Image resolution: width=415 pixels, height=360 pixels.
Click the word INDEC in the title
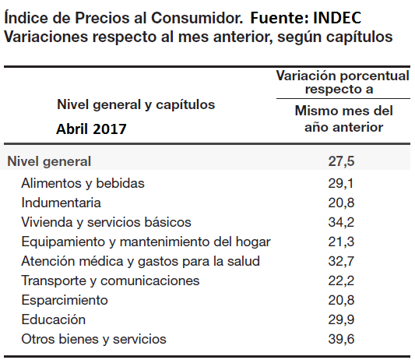[x=337, y=18]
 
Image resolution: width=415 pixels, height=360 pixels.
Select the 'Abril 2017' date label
[x=91, y=129]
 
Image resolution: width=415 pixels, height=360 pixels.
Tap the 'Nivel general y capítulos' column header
[x=136, y=104]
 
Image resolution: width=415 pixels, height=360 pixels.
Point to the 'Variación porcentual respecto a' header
[x=343, y=82]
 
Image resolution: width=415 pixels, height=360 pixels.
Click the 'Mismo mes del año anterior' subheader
[x=344, y=119]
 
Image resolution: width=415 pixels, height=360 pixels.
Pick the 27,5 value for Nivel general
[x=341, y=161]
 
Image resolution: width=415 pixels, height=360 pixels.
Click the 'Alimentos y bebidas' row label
[x=83, y=183]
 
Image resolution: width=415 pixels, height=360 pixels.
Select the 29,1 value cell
[x=341, y=183]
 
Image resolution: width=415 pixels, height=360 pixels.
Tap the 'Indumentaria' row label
[x=62, y=203]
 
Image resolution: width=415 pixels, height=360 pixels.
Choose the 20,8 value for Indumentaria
[x=341, y=203]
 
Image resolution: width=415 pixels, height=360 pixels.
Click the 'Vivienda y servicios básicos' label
[x=106, y=222]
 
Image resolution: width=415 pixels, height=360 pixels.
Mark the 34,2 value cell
[x=341, y=222]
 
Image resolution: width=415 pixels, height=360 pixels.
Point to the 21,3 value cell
[x=341, y=242]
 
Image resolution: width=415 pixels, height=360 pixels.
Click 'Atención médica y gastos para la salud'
[x=140, y=261]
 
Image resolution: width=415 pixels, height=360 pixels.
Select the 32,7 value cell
[x=341, y=261]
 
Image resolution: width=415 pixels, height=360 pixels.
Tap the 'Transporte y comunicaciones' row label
[x=111, y=281]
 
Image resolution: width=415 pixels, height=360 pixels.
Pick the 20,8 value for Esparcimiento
[x=341, y=300]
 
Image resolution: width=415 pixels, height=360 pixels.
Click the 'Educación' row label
[x=54, y=319]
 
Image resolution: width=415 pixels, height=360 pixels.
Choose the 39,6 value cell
[x=341, y=339]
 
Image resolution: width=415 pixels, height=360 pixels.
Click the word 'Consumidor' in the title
[x=197, y=18]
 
